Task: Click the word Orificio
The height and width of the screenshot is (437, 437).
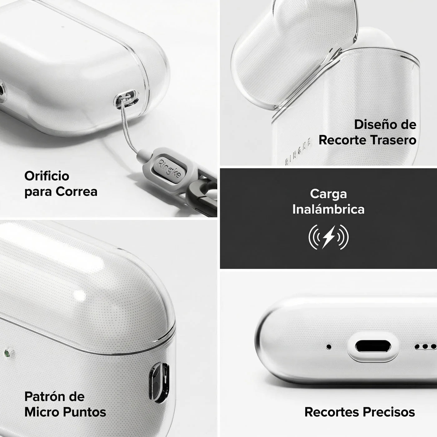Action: click(47, 176)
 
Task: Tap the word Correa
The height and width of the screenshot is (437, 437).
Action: click(77, 192)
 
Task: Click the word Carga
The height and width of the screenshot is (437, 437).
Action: click(328, 194)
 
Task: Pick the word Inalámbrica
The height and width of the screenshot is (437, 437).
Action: click(328, 209)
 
